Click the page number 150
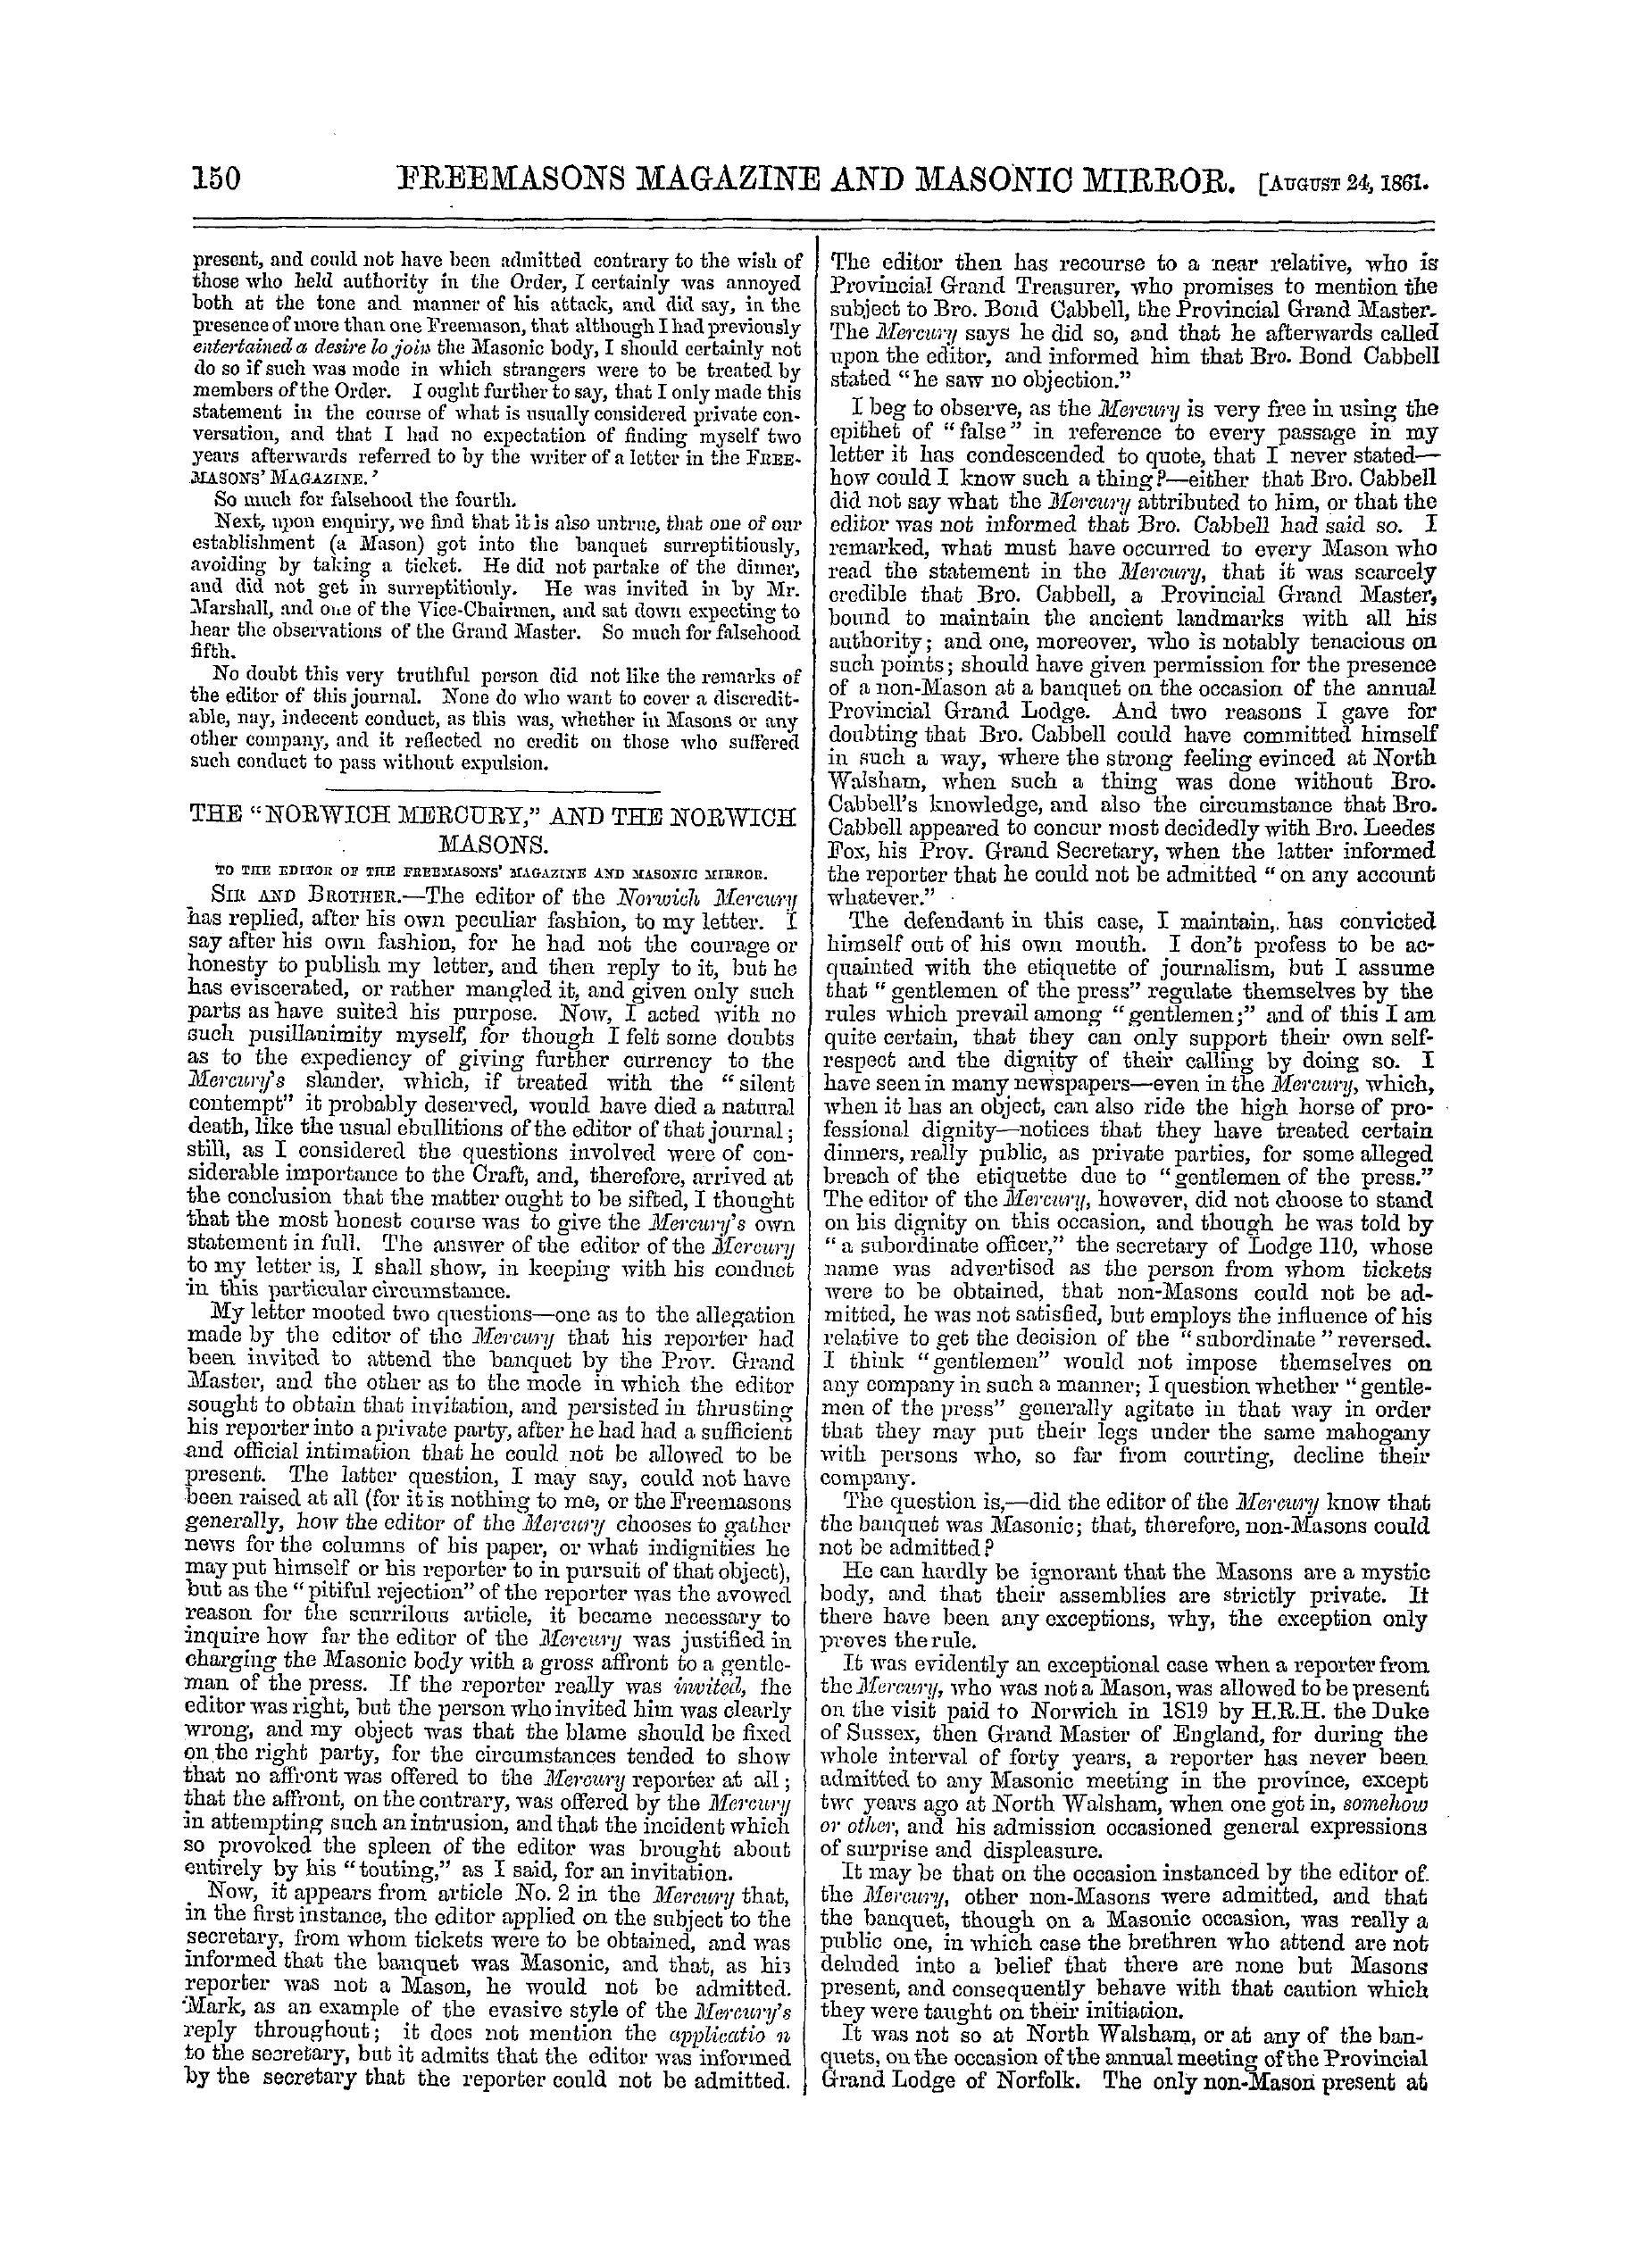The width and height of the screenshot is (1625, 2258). pos(216,179)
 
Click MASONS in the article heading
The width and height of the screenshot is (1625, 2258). pos(495,846)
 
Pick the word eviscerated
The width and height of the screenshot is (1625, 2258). pos(260,992)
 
